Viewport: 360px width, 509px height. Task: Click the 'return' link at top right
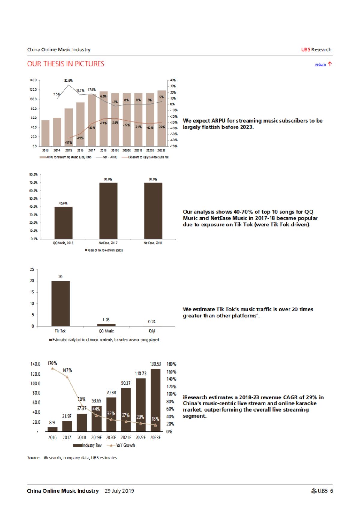click(320, 64)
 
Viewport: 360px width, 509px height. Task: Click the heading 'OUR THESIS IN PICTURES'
click(66, 64)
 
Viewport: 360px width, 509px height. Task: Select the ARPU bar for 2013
click(45, 133)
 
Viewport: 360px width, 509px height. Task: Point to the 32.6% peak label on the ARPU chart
click(68, 80)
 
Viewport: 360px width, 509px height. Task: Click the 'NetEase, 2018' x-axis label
click(153, 243)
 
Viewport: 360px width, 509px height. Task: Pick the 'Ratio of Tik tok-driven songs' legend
click(104, 250)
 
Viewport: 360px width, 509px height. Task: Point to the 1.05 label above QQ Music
click(106, 320)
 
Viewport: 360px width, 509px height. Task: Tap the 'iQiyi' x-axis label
click(152, 331)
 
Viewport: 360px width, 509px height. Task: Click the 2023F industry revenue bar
click(155, 400)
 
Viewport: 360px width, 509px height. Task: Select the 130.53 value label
click(155, 364)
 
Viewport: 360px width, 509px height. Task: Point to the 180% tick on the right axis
click(171, 364)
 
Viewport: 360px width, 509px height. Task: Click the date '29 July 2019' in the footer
click(119, 491)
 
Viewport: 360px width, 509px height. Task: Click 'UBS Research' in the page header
click(316, 49)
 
